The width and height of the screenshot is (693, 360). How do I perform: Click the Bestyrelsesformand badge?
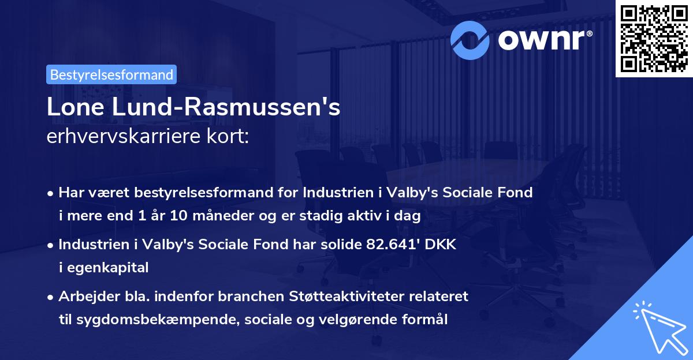tap(111, 74)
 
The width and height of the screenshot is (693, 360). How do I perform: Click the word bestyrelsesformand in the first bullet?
tap(203, 193)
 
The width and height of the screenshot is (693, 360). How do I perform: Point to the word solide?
tap(339, 245)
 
